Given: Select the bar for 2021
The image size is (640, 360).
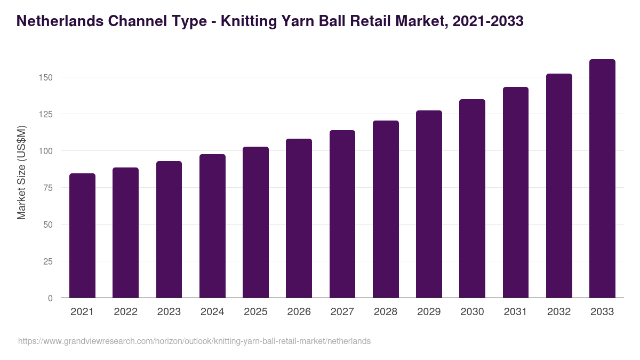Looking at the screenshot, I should (x=82, y=235).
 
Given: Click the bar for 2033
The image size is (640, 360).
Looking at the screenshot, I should (x=602, y=179).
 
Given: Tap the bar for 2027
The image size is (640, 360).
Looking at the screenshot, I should (x=342, y=214).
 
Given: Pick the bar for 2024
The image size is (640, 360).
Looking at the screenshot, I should (x=212, y=226).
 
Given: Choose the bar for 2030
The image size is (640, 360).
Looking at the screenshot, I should (x=472, y=198).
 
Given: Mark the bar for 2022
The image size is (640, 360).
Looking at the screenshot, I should (x=125, y=233).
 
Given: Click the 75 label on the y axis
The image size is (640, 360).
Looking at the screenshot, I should (x=48, y=188).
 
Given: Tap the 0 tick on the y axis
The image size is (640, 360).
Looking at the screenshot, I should (x=50, y=298).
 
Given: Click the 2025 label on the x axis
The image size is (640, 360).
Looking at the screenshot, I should (x=255, y=312).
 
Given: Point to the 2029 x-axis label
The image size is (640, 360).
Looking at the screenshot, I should (x=429, y=312).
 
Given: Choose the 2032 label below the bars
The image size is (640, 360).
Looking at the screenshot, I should (x=559, y=312).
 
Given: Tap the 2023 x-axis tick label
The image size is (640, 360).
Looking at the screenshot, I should (x=169, y=312).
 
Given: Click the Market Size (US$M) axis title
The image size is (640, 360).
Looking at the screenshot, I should (x=21, y=172).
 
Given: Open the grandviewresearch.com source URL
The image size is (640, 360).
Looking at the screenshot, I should (x=194, y=341).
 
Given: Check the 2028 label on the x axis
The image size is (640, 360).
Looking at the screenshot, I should (x=386, y=312).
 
